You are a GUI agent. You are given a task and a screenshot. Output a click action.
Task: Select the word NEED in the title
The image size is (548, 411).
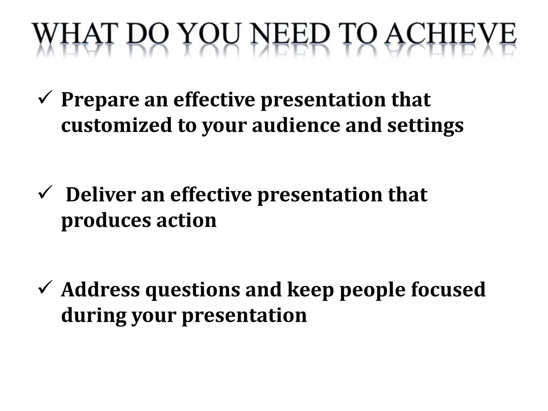point(290,34)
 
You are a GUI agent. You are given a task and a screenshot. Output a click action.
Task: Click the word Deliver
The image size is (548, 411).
point(101,195)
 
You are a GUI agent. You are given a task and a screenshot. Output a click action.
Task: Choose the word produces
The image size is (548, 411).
point(106,221)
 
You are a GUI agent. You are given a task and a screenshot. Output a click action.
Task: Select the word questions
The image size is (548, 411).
point(193,291)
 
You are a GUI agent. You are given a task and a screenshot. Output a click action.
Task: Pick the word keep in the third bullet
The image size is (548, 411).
point(310,291)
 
